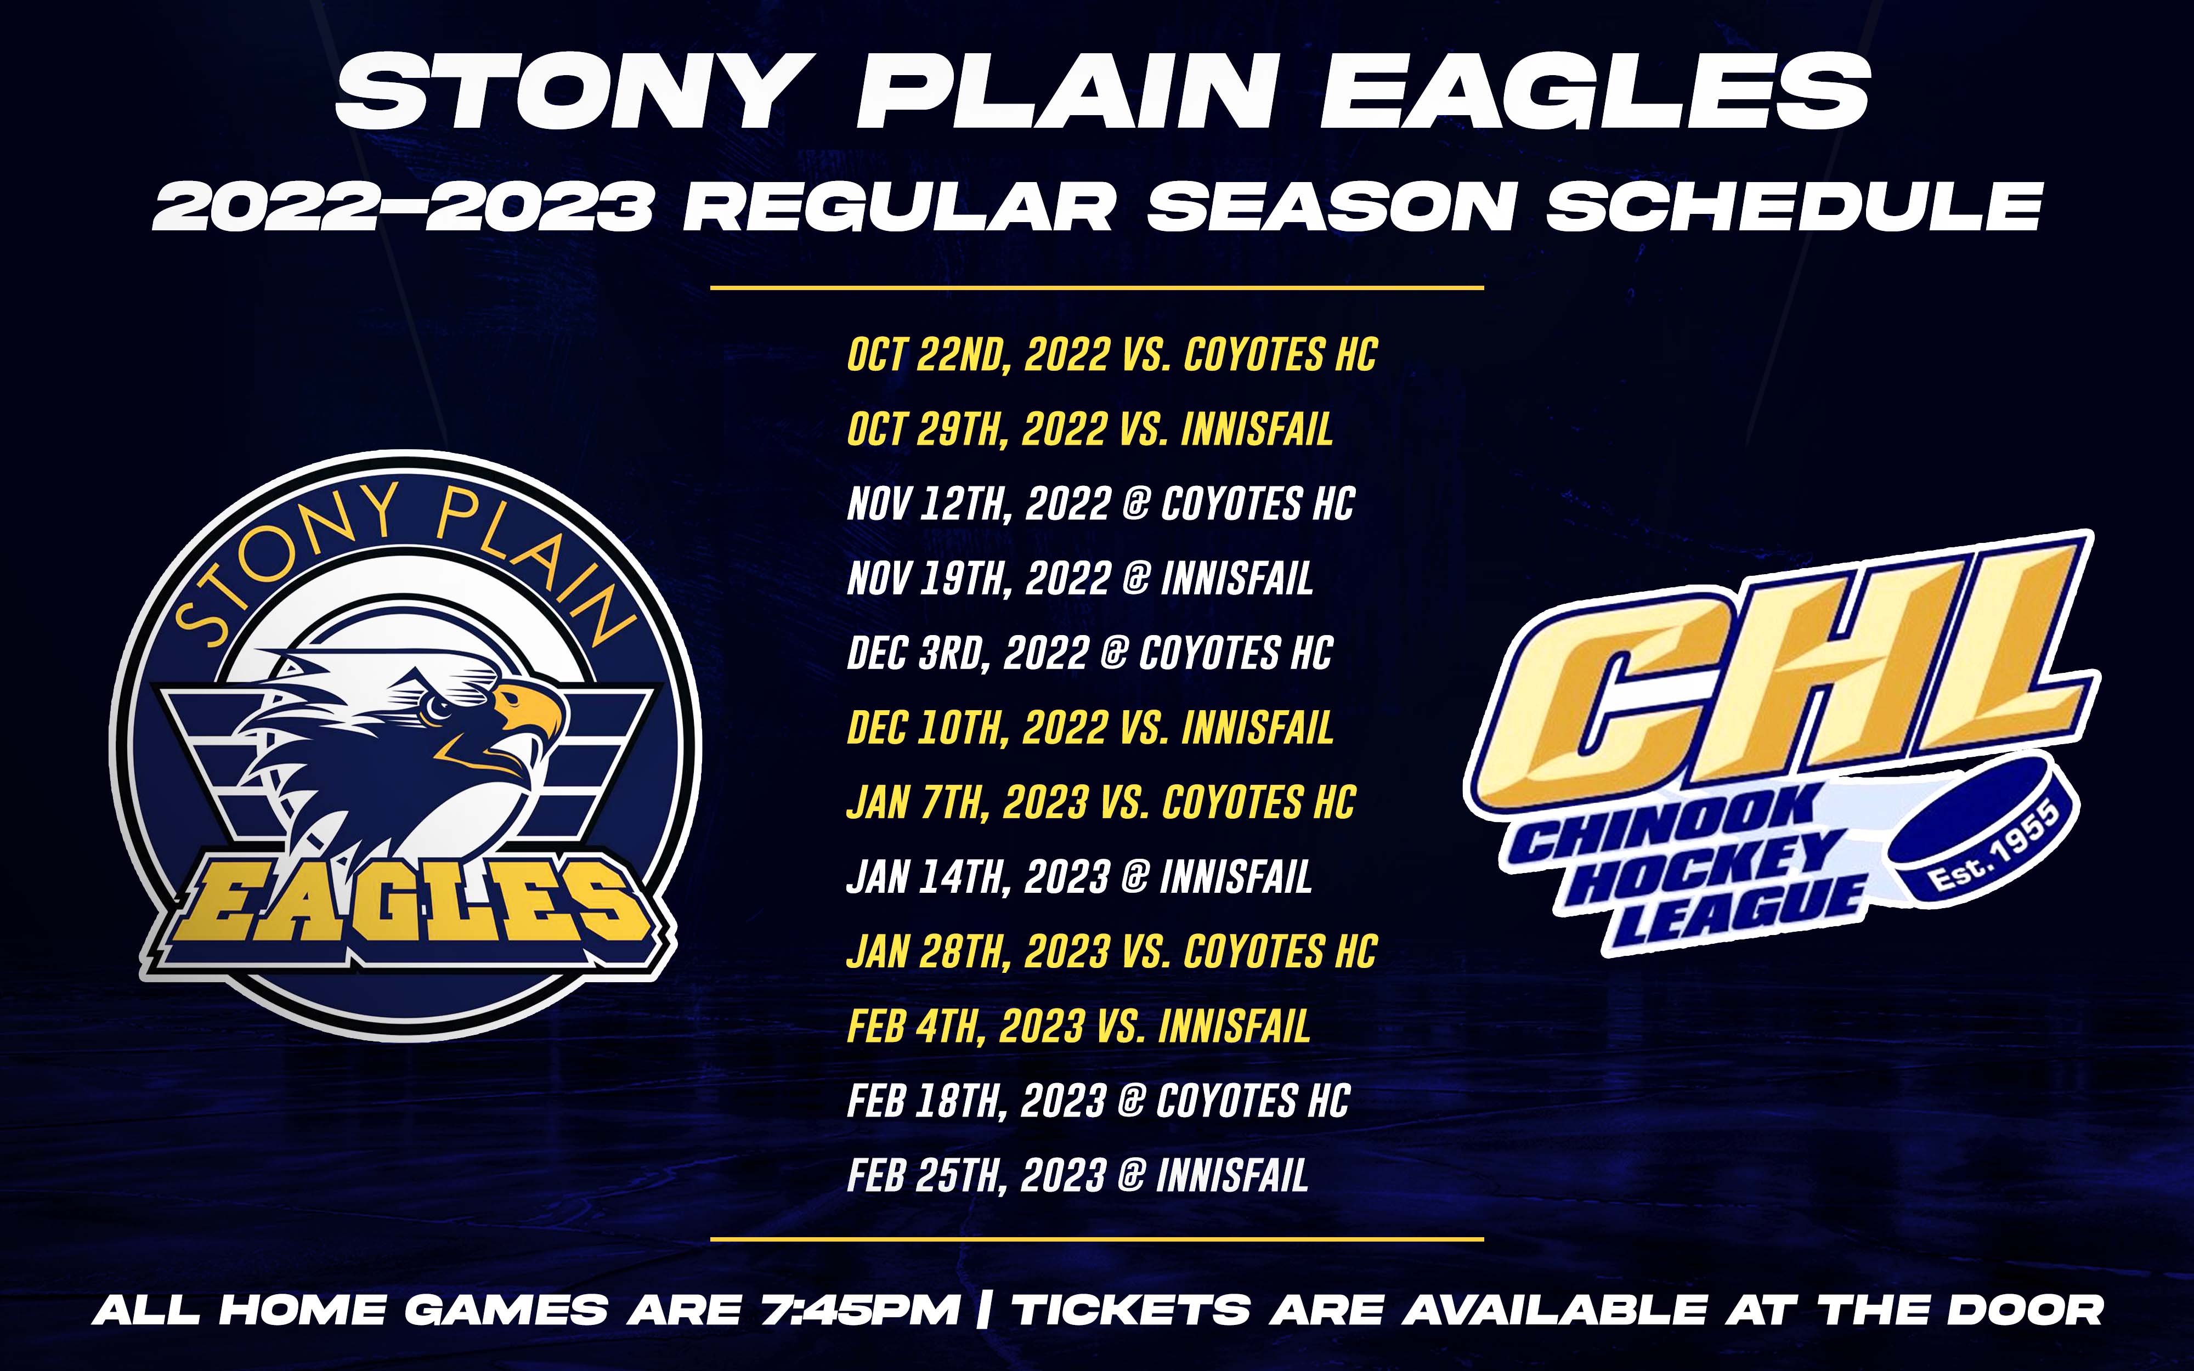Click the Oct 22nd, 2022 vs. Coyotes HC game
click(x=1111, y=354)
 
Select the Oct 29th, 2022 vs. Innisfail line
click(x=1090, y=429)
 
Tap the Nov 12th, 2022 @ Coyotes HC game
click(x=1101, y=504)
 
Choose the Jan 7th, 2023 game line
click(x=1101, y=802)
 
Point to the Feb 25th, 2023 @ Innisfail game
click(x=1078, y=1176)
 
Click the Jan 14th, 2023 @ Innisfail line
click(x=1079, y=877)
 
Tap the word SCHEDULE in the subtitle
click(x=1793, y=207)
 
